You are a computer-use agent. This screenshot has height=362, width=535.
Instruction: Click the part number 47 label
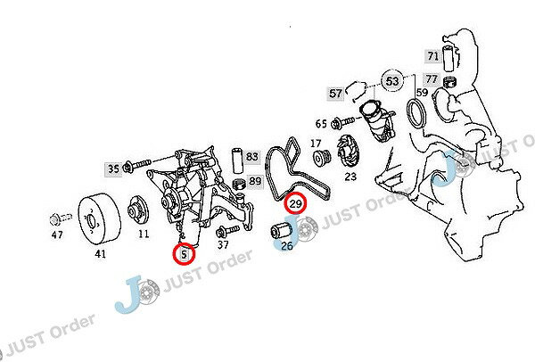[x=57, y=234]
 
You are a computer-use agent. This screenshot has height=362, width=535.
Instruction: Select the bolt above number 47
[x=61, y=218]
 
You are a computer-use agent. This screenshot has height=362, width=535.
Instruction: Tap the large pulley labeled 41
[x=99, y=218]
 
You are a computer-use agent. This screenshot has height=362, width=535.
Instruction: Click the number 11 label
[x=144, y=234]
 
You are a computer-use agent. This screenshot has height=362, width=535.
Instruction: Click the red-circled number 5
[x=184, y=254]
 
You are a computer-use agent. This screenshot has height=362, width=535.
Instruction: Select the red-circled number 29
[x=295, y=203]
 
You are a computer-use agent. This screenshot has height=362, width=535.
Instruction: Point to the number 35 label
[x=113, y=169]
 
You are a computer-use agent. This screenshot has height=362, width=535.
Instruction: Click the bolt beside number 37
[x=226, y=231]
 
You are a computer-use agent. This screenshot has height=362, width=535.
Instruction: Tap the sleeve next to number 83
[x=237, y=160]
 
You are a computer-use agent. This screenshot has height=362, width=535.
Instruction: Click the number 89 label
[x=255, y=180]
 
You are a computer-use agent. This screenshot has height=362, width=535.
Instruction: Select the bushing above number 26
[x=281, y=230]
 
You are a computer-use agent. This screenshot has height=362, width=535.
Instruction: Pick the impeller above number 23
[x=347, y=151]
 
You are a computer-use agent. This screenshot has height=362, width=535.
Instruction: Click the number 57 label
[x=335, y=93]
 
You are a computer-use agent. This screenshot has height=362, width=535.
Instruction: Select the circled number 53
[x=392, y=81]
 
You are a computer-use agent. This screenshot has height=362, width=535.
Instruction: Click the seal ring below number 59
[x=416, y=113]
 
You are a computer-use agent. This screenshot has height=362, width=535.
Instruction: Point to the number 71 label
[x=432, y=55]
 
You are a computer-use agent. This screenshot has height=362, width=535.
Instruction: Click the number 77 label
[x=432, y=79]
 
